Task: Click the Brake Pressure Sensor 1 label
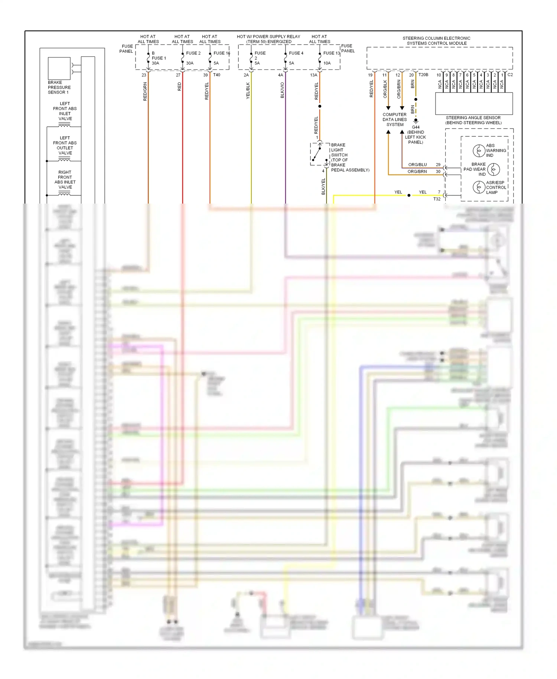click(59, 87)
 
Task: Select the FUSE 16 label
click(222, 53)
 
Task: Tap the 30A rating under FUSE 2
click(190, 63)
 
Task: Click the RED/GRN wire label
click(145, 91)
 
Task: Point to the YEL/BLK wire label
click(248, 91)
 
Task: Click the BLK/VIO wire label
click(282, 90)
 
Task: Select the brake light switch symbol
click(319, 153)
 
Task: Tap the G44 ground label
click(416, 127)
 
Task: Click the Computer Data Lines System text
click(395, 120)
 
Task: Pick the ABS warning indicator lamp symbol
click(479, 150)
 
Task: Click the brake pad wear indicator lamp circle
click(493, 169)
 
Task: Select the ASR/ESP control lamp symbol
click(479, 187)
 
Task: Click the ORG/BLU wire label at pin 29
click(417, 165)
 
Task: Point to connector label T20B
click(423, 75)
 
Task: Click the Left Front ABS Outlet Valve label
click(65, 145)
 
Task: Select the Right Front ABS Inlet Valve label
click(65, 180)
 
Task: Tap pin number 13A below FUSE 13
click(313, 75)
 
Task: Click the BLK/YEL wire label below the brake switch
click(323, 186)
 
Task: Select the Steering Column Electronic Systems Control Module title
click(436, 40)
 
